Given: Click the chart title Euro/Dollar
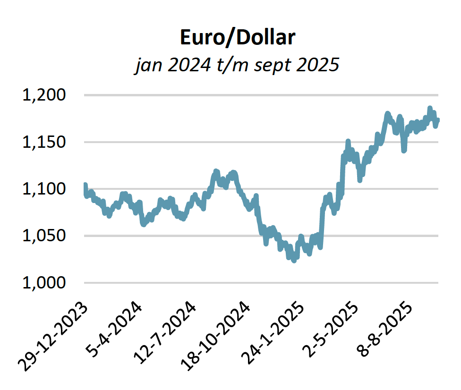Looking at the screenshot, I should tap(237, 38).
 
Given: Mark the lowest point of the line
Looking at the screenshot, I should tap(294, 260).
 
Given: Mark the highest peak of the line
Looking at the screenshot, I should tap(430, 108).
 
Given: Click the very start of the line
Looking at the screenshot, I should tap(85, 185).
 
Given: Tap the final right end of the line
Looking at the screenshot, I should tap(438, 120).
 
